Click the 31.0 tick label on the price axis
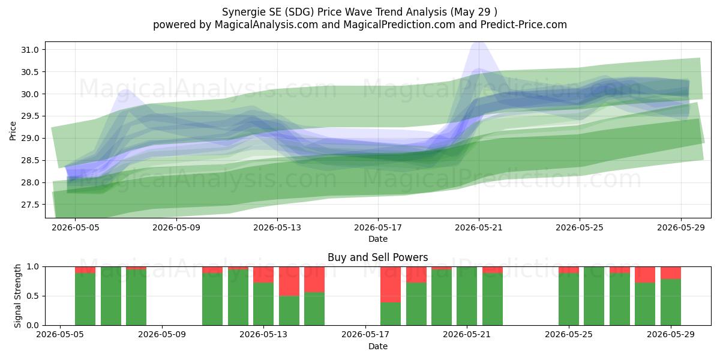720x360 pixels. [29, 50]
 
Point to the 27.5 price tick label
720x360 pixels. [29, 205]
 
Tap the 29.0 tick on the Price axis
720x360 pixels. [29, 138]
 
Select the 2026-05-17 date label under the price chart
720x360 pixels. [378, 227]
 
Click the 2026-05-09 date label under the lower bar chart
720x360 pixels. [161, 334]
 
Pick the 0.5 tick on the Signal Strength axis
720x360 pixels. [33, 296]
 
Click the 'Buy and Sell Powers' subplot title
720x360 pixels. [377, 257]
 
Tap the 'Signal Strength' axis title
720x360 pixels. [17, 296]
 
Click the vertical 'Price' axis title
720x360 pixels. [13, 131]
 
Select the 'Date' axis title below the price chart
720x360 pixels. [378, 239]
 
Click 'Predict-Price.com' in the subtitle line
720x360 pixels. [524, 25]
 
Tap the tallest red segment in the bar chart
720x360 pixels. [391, 284]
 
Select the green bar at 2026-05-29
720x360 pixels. [671, 302]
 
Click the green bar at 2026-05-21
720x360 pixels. [467, 296]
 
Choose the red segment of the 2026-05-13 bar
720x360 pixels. [263, 275]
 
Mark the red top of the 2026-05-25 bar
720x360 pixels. [569, 270]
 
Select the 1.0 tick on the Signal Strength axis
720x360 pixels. [33, 267]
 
